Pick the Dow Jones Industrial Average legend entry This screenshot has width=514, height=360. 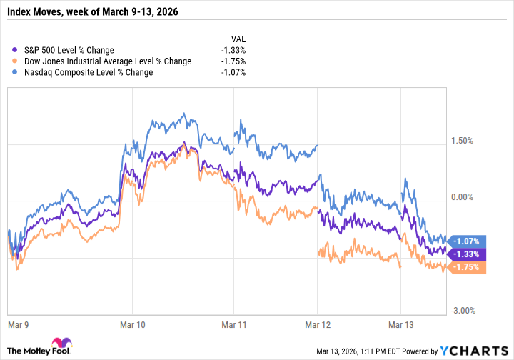click(106, 61)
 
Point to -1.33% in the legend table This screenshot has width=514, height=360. click(233, 50)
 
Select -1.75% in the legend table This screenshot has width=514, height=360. click(233, 61)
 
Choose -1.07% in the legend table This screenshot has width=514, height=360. click(233, 73)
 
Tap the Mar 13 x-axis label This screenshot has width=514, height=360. click(401, 324)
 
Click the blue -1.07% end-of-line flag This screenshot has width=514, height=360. click(469, 241)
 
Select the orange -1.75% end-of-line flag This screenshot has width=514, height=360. click(469, 267)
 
